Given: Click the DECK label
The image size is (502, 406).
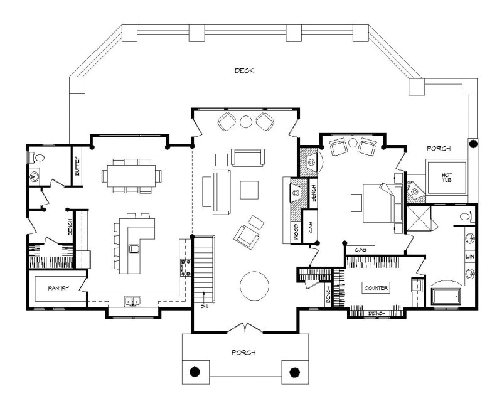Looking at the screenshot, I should [244, 71].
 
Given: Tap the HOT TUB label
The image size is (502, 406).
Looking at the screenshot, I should [447, 178].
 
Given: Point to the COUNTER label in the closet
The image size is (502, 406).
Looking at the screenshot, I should [376, 288].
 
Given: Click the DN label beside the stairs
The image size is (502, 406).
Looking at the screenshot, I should [205, 307].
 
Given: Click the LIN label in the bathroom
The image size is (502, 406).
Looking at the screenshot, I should [469, 257].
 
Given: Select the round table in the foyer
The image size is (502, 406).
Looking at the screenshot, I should [254, 286].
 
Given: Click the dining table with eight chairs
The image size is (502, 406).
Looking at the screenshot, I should [131, 174].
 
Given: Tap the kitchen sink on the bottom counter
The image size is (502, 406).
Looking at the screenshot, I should [132, 301].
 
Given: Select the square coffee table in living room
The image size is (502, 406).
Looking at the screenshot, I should [249, 190].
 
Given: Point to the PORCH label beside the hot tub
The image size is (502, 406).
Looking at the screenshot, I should [439, 149].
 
